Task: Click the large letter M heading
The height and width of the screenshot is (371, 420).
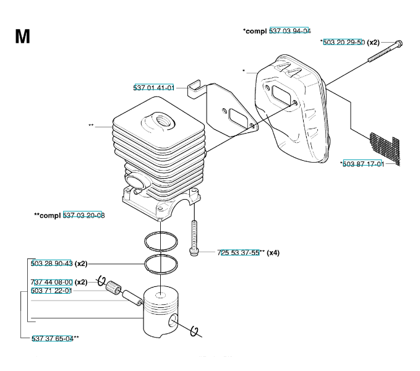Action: (22, 36)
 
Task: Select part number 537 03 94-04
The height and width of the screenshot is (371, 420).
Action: (290, 31)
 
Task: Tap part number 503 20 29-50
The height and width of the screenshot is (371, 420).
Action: (344, 42)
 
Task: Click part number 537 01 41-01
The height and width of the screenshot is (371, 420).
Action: (154, 88)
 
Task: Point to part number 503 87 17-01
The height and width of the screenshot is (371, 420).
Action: (363, 164)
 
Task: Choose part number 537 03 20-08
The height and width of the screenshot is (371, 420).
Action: (84, 215)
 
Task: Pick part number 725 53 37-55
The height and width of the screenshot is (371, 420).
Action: (239, 252)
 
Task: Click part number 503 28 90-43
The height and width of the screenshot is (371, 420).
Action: (51, 263)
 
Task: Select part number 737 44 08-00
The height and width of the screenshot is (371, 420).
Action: (51, 282)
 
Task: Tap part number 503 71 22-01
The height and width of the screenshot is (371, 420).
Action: (51, 291)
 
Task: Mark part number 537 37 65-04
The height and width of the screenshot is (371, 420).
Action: (53, 338)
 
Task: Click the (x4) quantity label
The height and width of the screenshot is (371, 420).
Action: (273, 252)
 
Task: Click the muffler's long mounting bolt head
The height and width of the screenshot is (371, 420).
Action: (399, 43)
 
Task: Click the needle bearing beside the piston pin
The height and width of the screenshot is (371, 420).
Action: (113, 288)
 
